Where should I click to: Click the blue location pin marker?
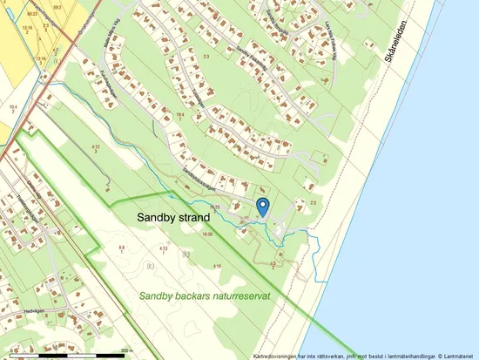click(263, 206)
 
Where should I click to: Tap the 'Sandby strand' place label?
click(173, 217)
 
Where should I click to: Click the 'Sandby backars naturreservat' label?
click(206, 296)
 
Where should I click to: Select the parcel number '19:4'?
click(179, 114)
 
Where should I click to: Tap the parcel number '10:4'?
click(13, 105)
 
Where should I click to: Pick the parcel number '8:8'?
click(123, 248)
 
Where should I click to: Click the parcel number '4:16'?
click(217, 265)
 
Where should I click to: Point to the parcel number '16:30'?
click(207, 234)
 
